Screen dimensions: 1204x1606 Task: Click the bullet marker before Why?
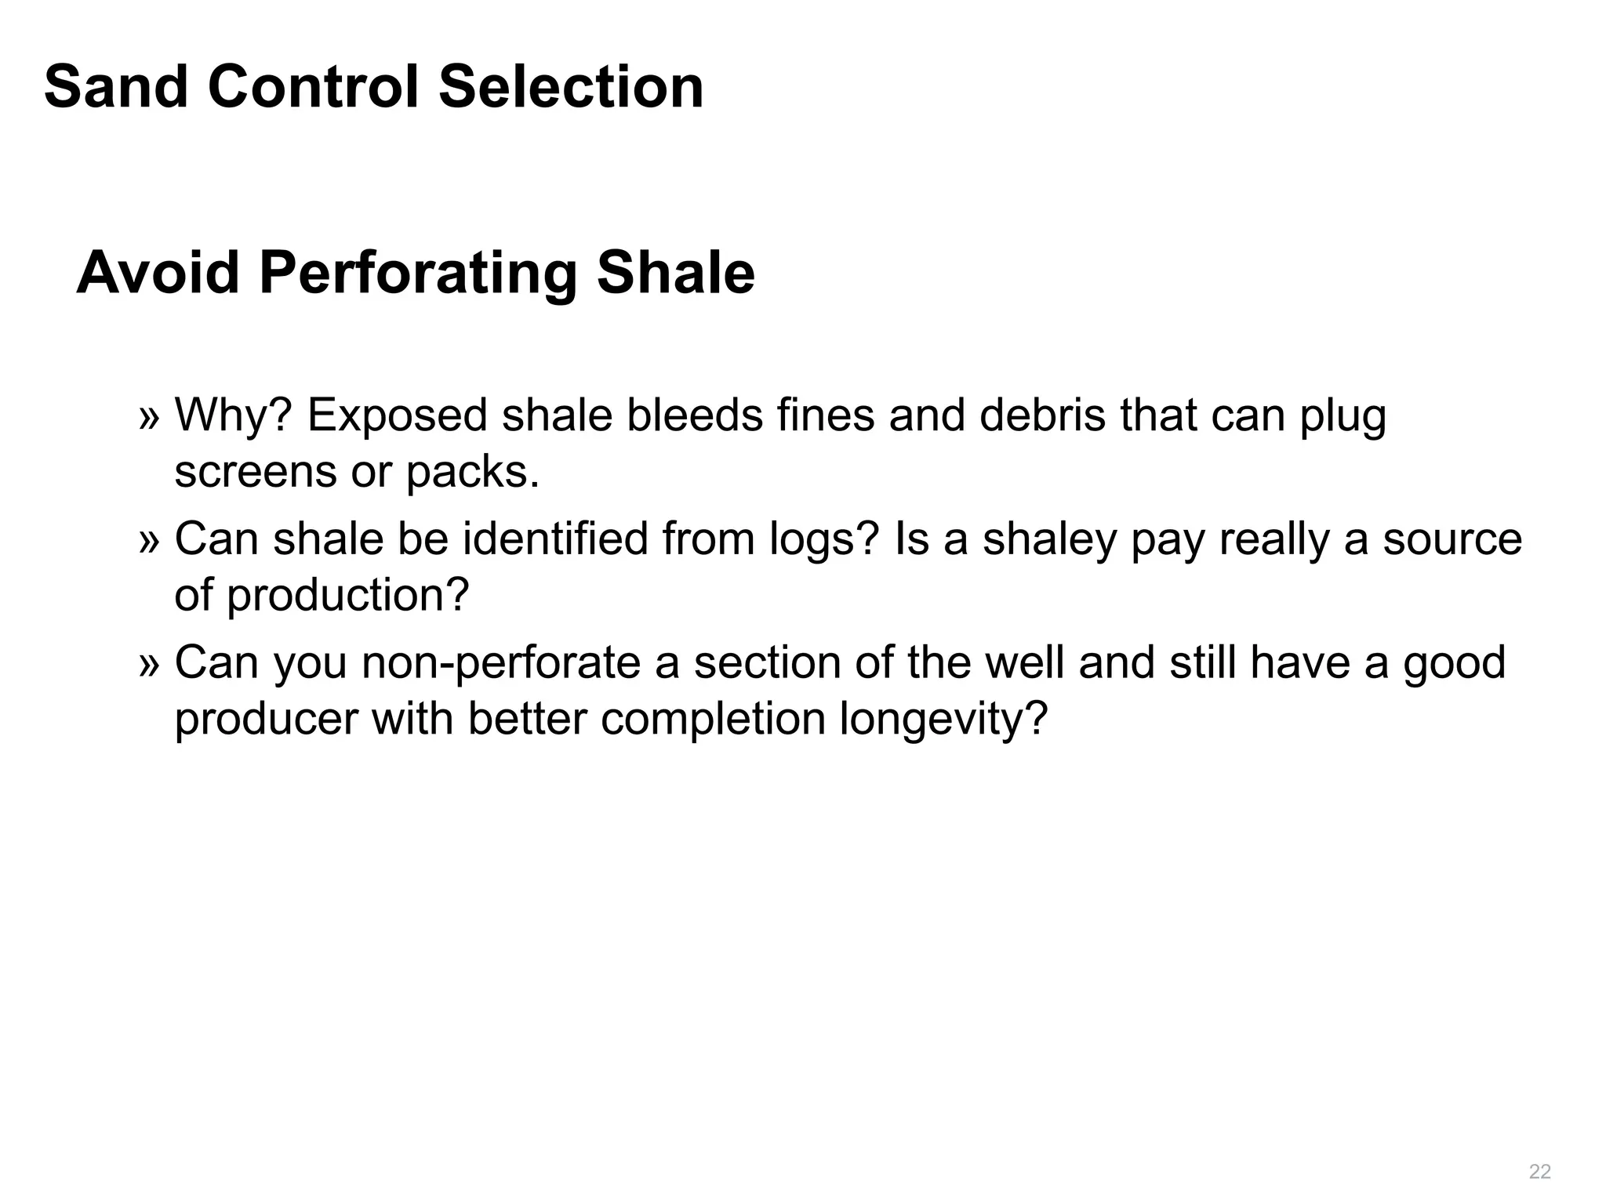click(x=149, y=418)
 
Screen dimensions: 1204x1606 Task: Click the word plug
click(x=1343, y=418)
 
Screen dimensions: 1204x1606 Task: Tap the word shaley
click(x=1049, y=541)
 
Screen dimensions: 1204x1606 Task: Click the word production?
click(x=347, y=596)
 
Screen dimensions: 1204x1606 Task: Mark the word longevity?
click(x=943, y=720)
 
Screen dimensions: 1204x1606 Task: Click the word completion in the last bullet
click(x=713, y=720)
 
